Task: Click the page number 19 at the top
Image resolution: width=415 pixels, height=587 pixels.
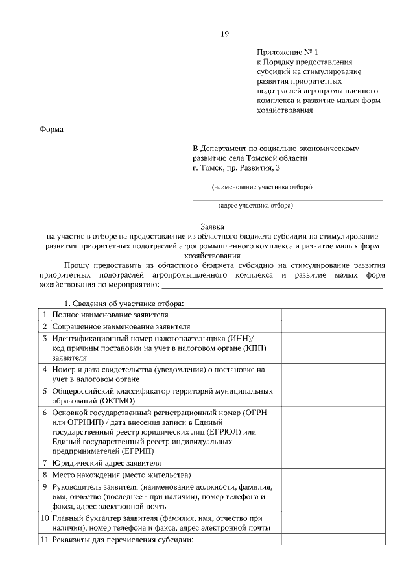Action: (x=224, y=34)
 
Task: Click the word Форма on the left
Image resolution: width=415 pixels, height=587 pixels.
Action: (x=52, y=129)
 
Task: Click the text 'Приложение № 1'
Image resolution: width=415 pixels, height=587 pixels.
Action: (x=288, y=51)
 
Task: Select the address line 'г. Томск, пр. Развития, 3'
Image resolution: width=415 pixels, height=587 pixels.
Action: (x=236, y=168)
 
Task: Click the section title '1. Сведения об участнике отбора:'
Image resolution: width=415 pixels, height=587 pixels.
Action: (x=124, y=303)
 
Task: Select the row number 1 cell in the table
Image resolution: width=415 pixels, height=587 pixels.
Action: (x=45, y=314)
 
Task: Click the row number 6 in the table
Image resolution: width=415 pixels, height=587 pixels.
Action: (x=45, y=413)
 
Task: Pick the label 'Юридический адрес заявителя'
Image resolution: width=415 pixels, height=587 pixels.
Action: (x=107, y=463)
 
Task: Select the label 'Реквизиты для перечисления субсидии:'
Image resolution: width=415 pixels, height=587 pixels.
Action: (x=123, y=541)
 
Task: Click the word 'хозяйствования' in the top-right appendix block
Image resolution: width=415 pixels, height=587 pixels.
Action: (x=285, y=110)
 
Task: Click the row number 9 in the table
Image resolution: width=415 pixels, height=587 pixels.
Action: (x=45, y=486)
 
